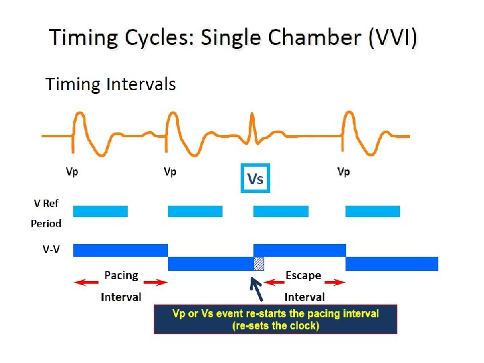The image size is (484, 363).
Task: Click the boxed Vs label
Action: (255, 178)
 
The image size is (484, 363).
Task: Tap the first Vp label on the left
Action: (72, 172)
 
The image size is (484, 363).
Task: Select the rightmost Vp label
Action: (343, 172)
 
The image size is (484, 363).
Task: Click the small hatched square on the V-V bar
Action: (259, 264)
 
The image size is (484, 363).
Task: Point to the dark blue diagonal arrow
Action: (257, 288)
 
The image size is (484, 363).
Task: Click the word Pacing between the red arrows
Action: (121, 275)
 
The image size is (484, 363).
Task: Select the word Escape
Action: (303, 275)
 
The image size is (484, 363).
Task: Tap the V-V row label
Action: (46, 249)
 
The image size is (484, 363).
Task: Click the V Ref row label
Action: (46, 202)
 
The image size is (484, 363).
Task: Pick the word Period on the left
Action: (46, 223)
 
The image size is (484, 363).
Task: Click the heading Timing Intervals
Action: (110, 84)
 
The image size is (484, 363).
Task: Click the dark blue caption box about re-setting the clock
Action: (276, 319)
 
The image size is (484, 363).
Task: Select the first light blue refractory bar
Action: (100, 211)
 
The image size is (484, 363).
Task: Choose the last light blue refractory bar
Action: (372, 211)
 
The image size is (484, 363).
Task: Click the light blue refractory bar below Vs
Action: (280, 211)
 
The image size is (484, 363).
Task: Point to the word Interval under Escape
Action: (305, 296)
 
